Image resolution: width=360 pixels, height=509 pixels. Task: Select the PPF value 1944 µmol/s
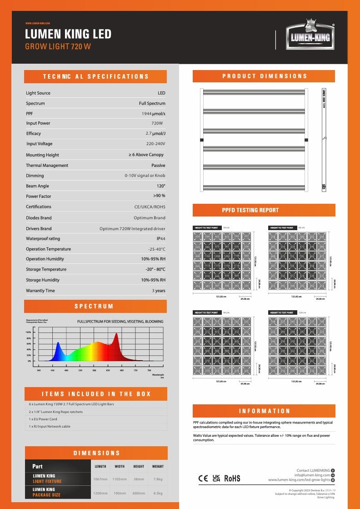153,113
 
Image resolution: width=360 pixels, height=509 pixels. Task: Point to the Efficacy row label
34,134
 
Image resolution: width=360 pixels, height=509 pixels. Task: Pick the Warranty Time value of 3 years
159,291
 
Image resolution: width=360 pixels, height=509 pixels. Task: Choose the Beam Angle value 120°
160,186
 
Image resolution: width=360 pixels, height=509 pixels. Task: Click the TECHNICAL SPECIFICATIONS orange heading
95,76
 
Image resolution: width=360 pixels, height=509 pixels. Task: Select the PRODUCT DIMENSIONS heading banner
264,76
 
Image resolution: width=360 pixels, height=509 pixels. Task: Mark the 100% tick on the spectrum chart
28,333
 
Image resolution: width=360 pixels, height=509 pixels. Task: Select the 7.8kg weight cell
158,479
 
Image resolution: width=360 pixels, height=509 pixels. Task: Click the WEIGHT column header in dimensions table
158,466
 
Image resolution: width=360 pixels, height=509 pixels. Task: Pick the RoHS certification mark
232,479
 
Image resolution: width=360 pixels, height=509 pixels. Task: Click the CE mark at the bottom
203,479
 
